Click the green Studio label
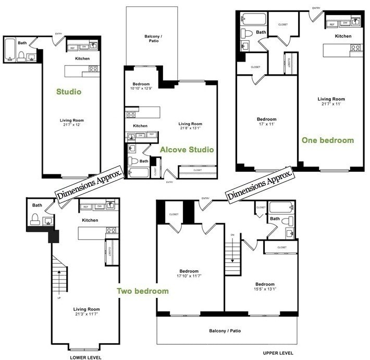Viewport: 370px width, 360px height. pyautogui.click(x=69, y=92)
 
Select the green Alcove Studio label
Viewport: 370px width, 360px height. pyautogui.click(x=187, y=150)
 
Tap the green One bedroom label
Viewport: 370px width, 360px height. pyautogui.click(x=327, y=140)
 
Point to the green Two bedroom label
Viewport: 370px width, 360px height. pyautogui.click(x=142, y=291)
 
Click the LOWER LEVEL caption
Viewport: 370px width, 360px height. pyautogui.click(x=85, y=357)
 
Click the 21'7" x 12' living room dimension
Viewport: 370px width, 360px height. pyautogui.click(x=71, y=126)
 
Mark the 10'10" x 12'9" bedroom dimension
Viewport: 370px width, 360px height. pyautogui.click(x=142, y=88)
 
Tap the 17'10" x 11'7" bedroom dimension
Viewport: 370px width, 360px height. pyautogui.click(x=189, y=277)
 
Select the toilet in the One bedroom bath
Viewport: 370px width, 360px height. pyautogui.click(x=247, y=33)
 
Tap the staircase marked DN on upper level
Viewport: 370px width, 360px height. pyautogui.click(x=233, y=256)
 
